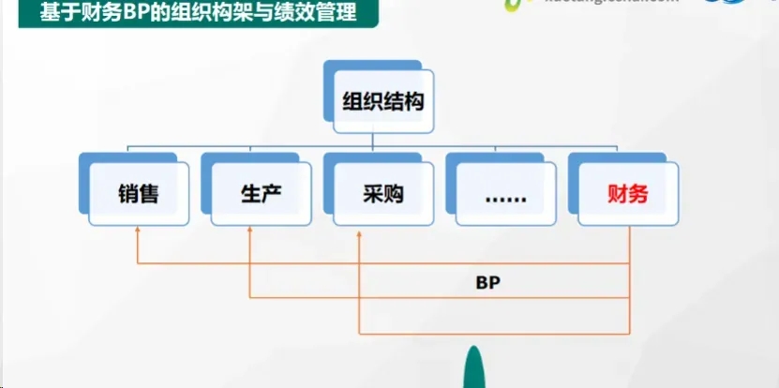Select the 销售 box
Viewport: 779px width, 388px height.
coord(137,195)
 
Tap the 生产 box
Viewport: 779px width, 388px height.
coord(255,195)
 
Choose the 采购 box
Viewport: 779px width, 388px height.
coord(380,195)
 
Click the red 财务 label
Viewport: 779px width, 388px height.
coord(625,195)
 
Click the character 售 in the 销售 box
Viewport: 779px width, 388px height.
coord(149,195)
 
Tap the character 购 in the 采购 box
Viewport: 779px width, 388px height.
coord(393,195)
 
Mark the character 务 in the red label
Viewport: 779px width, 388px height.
coord(638,195)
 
